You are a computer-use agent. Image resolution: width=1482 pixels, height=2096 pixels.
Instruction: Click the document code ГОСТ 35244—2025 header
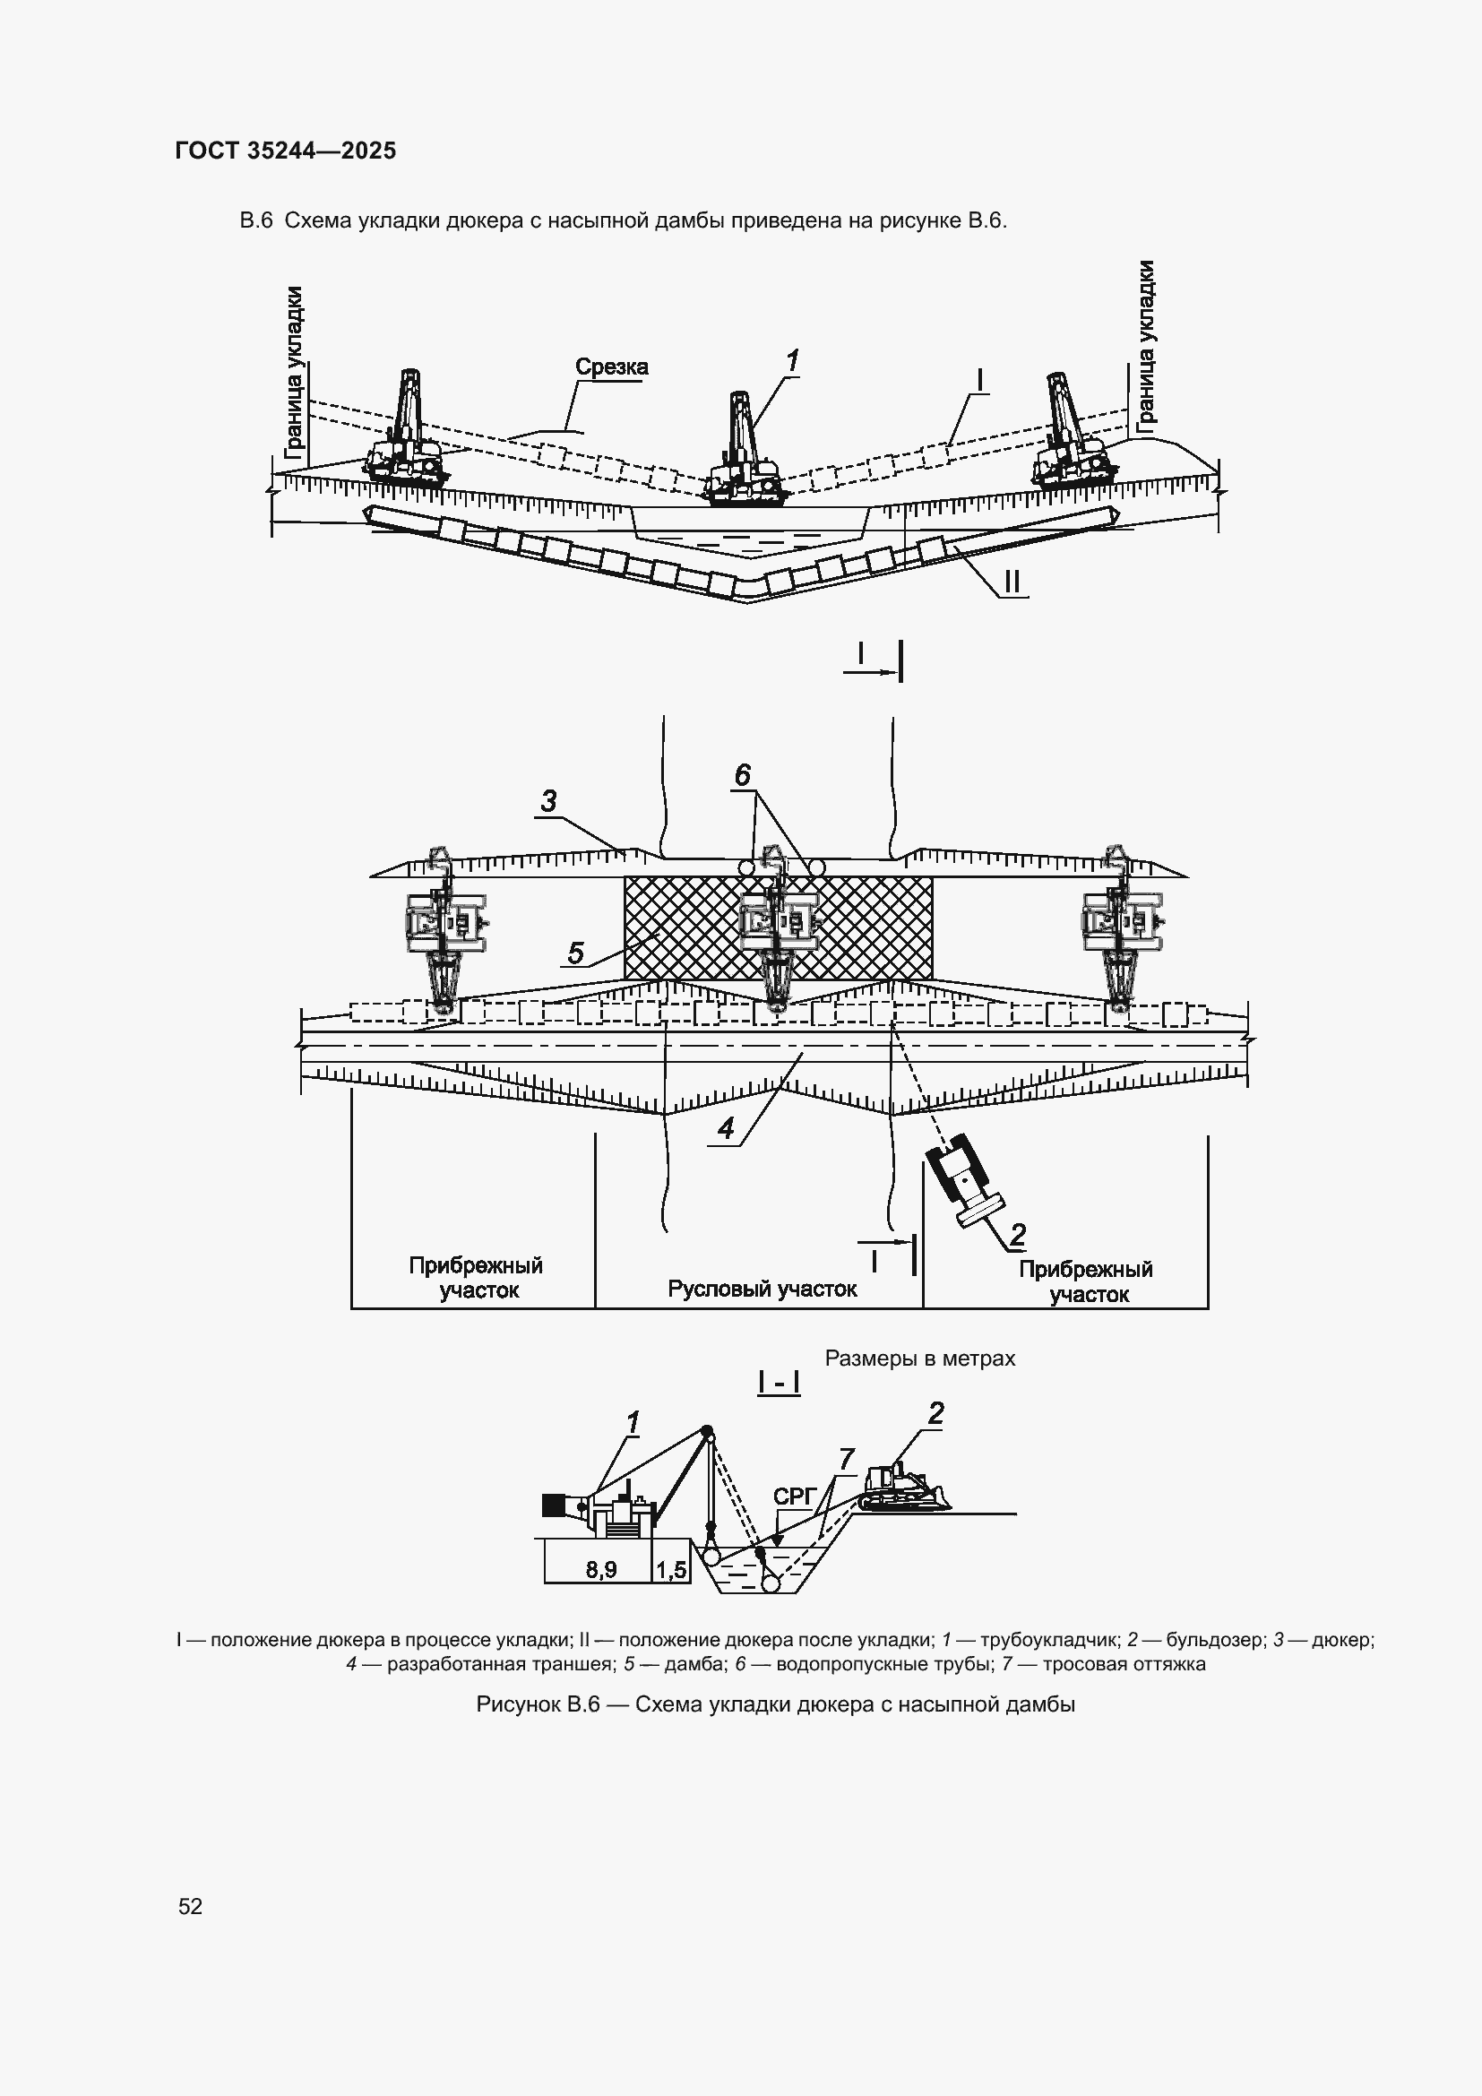[285, 151]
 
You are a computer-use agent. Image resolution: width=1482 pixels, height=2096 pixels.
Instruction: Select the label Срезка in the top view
[611, 367]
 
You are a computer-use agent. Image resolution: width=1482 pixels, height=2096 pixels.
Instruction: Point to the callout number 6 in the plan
[742, 775]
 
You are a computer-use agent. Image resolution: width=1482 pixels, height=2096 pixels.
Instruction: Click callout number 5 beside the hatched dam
[576, 953]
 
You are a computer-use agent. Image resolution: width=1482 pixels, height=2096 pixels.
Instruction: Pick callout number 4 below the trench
[726, 1129]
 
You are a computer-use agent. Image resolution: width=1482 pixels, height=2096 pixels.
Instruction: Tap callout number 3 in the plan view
[548, 801]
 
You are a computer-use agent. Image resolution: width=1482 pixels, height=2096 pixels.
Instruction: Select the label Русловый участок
[762, 1289]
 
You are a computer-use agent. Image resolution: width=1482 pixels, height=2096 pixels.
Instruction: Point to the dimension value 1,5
[671, 1569]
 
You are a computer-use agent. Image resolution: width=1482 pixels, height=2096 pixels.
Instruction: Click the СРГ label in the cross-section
[792, 1497]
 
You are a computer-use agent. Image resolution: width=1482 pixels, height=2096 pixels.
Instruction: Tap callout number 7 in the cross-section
[846, 1459]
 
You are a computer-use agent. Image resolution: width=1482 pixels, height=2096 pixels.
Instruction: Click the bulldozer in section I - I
[903, 1488]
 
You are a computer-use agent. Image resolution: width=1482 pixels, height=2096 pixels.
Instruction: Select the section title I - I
[779, 1384]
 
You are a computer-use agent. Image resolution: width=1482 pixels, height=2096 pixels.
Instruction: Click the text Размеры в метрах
[920, 1359]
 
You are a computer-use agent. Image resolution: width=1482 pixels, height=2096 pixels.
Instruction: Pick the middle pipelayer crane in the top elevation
[744, 452]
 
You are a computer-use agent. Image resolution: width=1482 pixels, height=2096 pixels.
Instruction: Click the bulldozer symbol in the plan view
[961, 1181]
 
